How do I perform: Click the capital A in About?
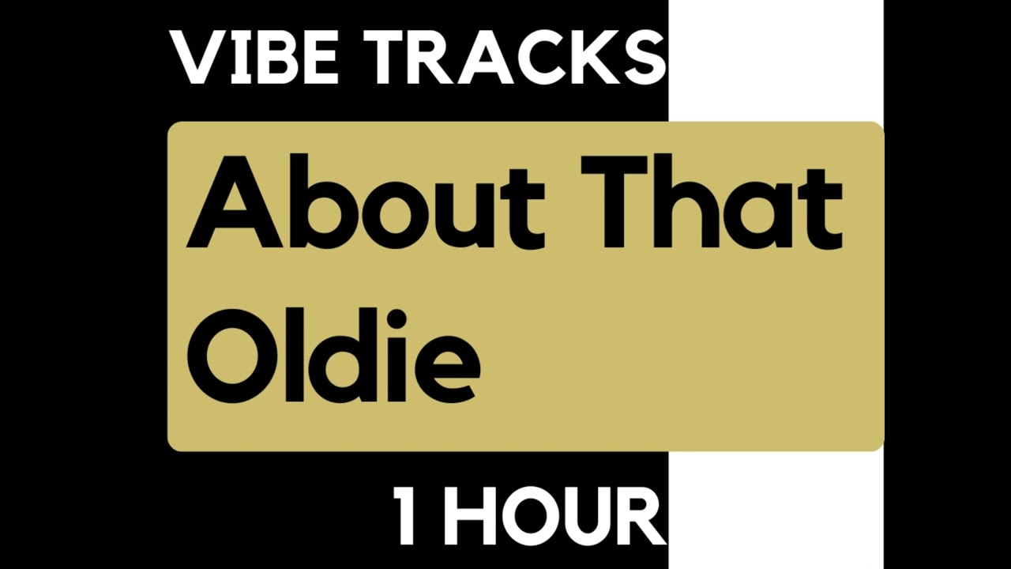click(x=233, y=202)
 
